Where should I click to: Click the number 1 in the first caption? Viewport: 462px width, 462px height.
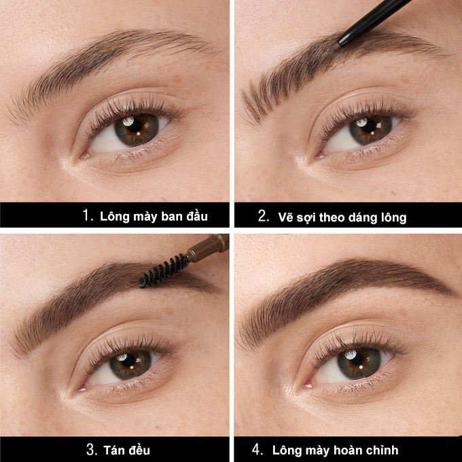(x=86, y=216)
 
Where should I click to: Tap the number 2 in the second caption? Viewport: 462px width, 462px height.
(x=264, y=216)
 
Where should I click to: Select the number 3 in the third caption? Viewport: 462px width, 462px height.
(x=92, y=449)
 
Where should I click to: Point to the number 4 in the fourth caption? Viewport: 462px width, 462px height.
(x=257, y=449)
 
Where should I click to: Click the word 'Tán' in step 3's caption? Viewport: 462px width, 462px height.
(x=117, y=450)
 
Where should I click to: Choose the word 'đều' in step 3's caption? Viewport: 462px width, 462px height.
(x=140, y=450)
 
